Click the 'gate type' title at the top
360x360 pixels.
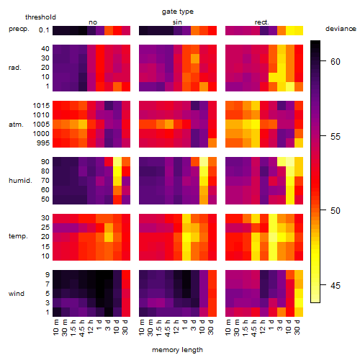point(178,12)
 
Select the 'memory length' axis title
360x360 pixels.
point(177,350)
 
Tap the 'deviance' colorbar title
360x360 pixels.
point(341,29)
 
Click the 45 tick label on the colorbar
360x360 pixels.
point(336,286)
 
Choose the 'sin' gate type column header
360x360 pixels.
point(177,22)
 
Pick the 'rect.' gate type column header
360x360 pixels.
point(261,22)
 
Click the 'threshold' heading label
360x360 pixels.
point(40,17)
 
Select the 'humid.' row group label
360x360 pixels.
point(20,181)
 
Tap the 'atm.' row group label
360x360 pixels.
point(16,125)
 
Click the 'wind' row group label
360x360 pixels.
point(17,294)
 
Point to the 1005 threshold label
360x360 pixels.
point(41,125)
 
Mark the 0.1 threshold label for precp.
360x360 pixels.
point(44,30)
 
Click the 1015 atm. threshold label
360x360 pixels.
point(41,106)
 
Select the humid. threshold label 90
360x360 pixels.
point(45,162)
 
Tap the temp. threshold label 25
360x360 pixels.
point(45,228)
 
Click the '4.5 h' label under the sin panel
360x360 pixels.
point(168,328)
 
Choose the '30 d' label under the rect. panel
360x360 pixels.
point(297,327)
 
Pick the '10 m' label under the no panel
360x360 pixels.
point(55,328)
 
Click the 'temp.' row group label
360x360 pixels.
point(18,236)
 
